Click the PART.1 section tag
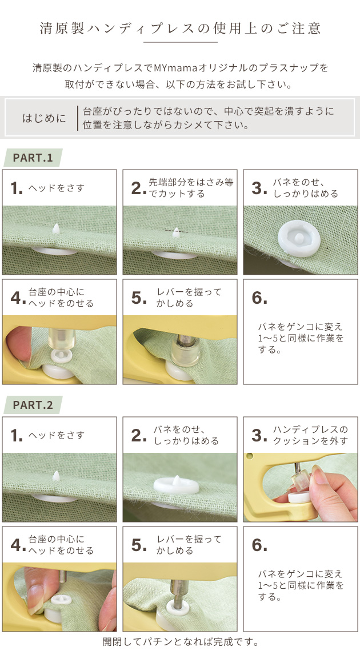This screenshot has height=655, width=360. [33, 158]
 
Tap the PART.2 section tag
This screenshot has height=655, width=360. [33, 405]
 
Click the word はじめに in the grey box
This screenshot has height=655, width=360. [44, 118]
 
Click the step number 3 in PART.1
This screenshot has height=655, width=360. [259, 188]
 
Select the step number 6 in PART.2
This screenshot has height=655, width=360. [259, 545]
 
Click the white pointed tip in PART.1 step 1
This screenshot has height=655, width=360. [56, 228]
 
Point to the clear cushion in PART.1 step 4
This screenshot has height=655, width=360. [61, 339]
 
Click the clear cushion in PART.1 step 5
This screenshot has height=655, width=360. [185, 352]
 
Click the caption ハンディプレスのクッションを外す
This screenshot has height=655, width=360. [310, 435]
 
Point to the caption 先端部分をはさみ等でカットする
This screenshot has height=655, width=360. [191, 188]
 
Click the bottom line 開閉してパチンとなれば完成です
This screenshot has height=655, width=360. [180, 642]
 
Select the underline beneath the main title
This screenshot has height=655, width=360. [180, 42]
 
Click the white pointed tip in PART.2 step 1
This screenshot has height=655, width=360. [56, 476]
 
